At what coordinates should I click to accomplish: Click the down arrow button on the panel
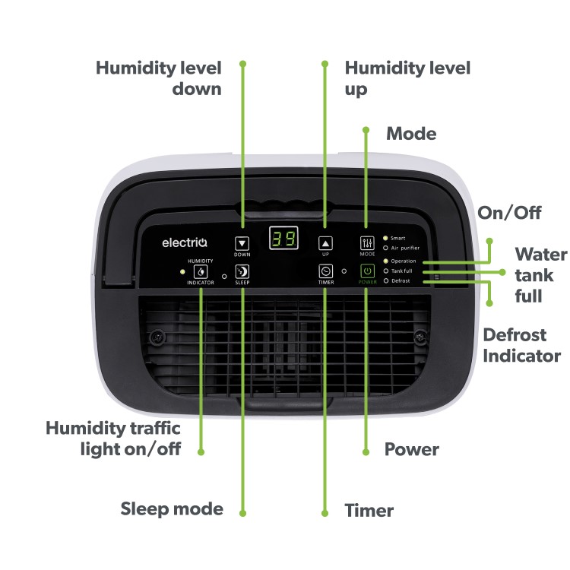242,243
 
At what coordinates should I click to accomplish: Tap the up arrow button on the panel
325,243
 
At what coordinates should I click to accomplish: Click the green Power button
367,271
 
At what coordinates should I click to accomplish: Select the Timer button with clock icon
325,271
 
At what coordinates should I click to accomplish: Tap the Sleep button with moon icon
242,271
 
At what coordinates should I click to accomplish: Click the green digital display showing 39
283,238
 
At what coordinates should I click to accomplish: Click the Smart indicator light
385,238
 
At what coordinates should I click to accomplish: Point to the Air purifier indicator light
385,248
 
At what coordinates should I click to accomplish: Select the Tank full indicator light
385,271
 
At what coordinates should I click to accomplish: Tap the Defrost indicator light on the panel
385,280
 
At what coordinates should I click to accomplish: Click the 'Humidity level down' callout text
159,78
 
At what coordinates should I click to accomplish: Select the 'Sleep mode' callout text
172,508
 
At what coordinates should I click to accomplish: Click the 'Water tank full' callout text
540,274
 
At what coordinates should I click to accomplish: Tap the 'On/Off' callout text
509,212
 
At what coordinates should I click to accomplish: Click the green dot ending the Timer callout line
325,512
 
